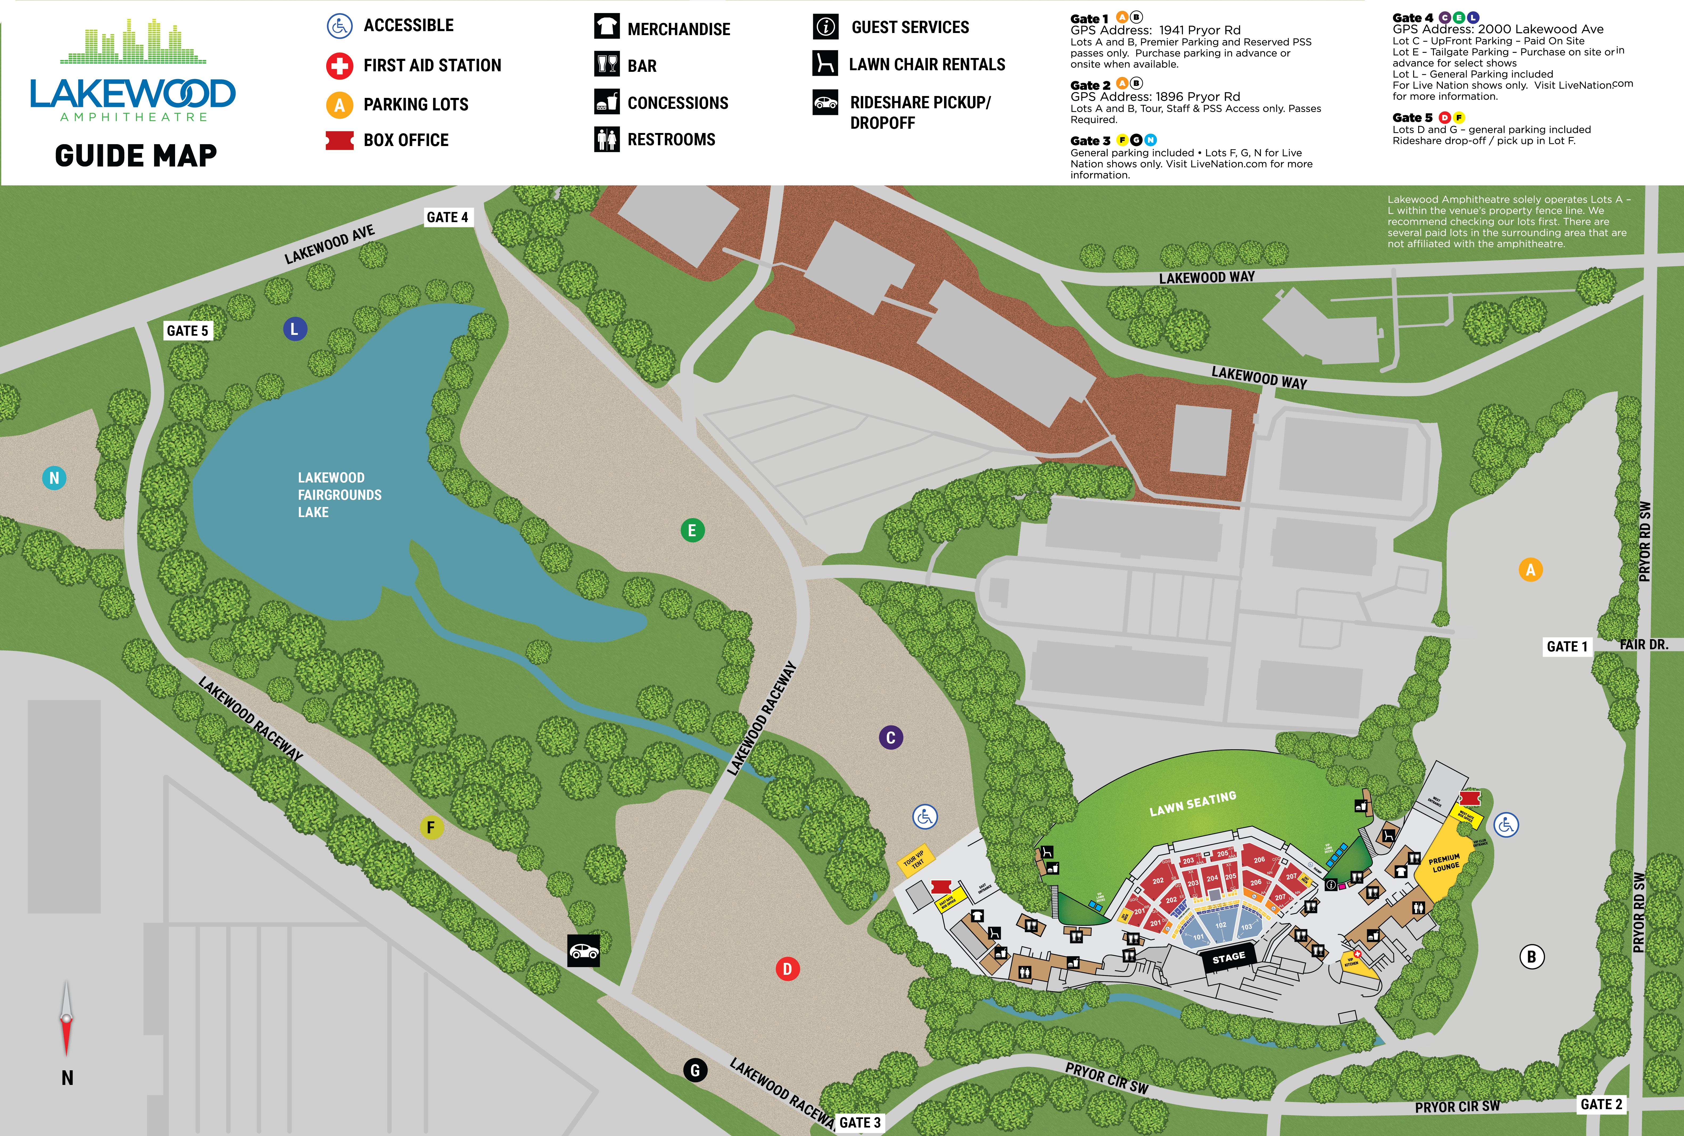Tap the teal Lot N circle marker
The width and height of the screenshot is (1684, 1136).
pyautogui.click(x=54, y=478)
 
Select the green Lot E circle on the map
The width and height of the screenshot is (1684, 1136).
pyautogui.click(x=692, y=530)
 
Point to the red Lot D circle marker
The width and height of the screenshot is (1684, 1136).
pyautogui.click(x=787, y=969)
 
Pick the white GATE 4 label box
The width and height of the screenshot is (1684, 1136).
pyautogui.click(x=447, y=217)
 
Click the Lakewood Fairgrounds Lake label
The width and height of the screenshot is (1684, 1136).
pyautogui.click(x=339, y=495)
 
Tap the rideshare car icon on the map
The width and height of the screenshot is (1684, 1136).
pyautogui.click(x=583, y=951)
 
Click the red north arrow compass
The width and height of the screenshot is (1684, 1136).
pyautogui.click(x=66, y=1018)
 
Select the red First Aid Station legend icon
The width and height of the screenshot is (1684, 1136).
pyautogui.click(x=339, y=66)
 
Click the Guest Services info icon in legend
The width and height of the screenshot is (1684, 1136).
pyautogui.click(x=825, y=27)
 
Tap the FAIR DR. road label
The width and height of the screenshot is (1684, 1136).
pyautogui.click(x=1643, y=644)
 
